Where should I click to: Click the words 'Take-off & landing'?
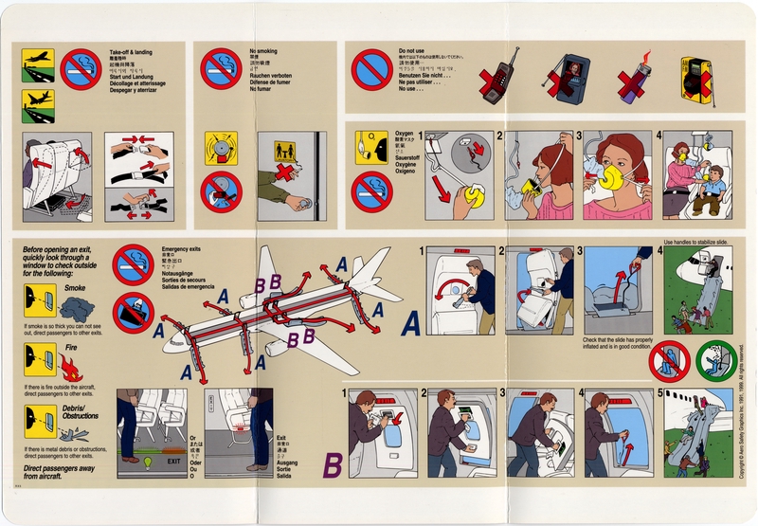[132, 52]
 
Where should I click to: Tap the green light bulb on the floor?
[147, 463]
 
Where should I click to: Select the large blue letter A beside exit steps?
[412, 325]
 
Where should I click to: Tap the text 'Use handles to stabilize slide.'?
[698, 242]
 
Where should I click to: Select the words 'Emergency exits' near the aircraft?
[183, 249]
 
